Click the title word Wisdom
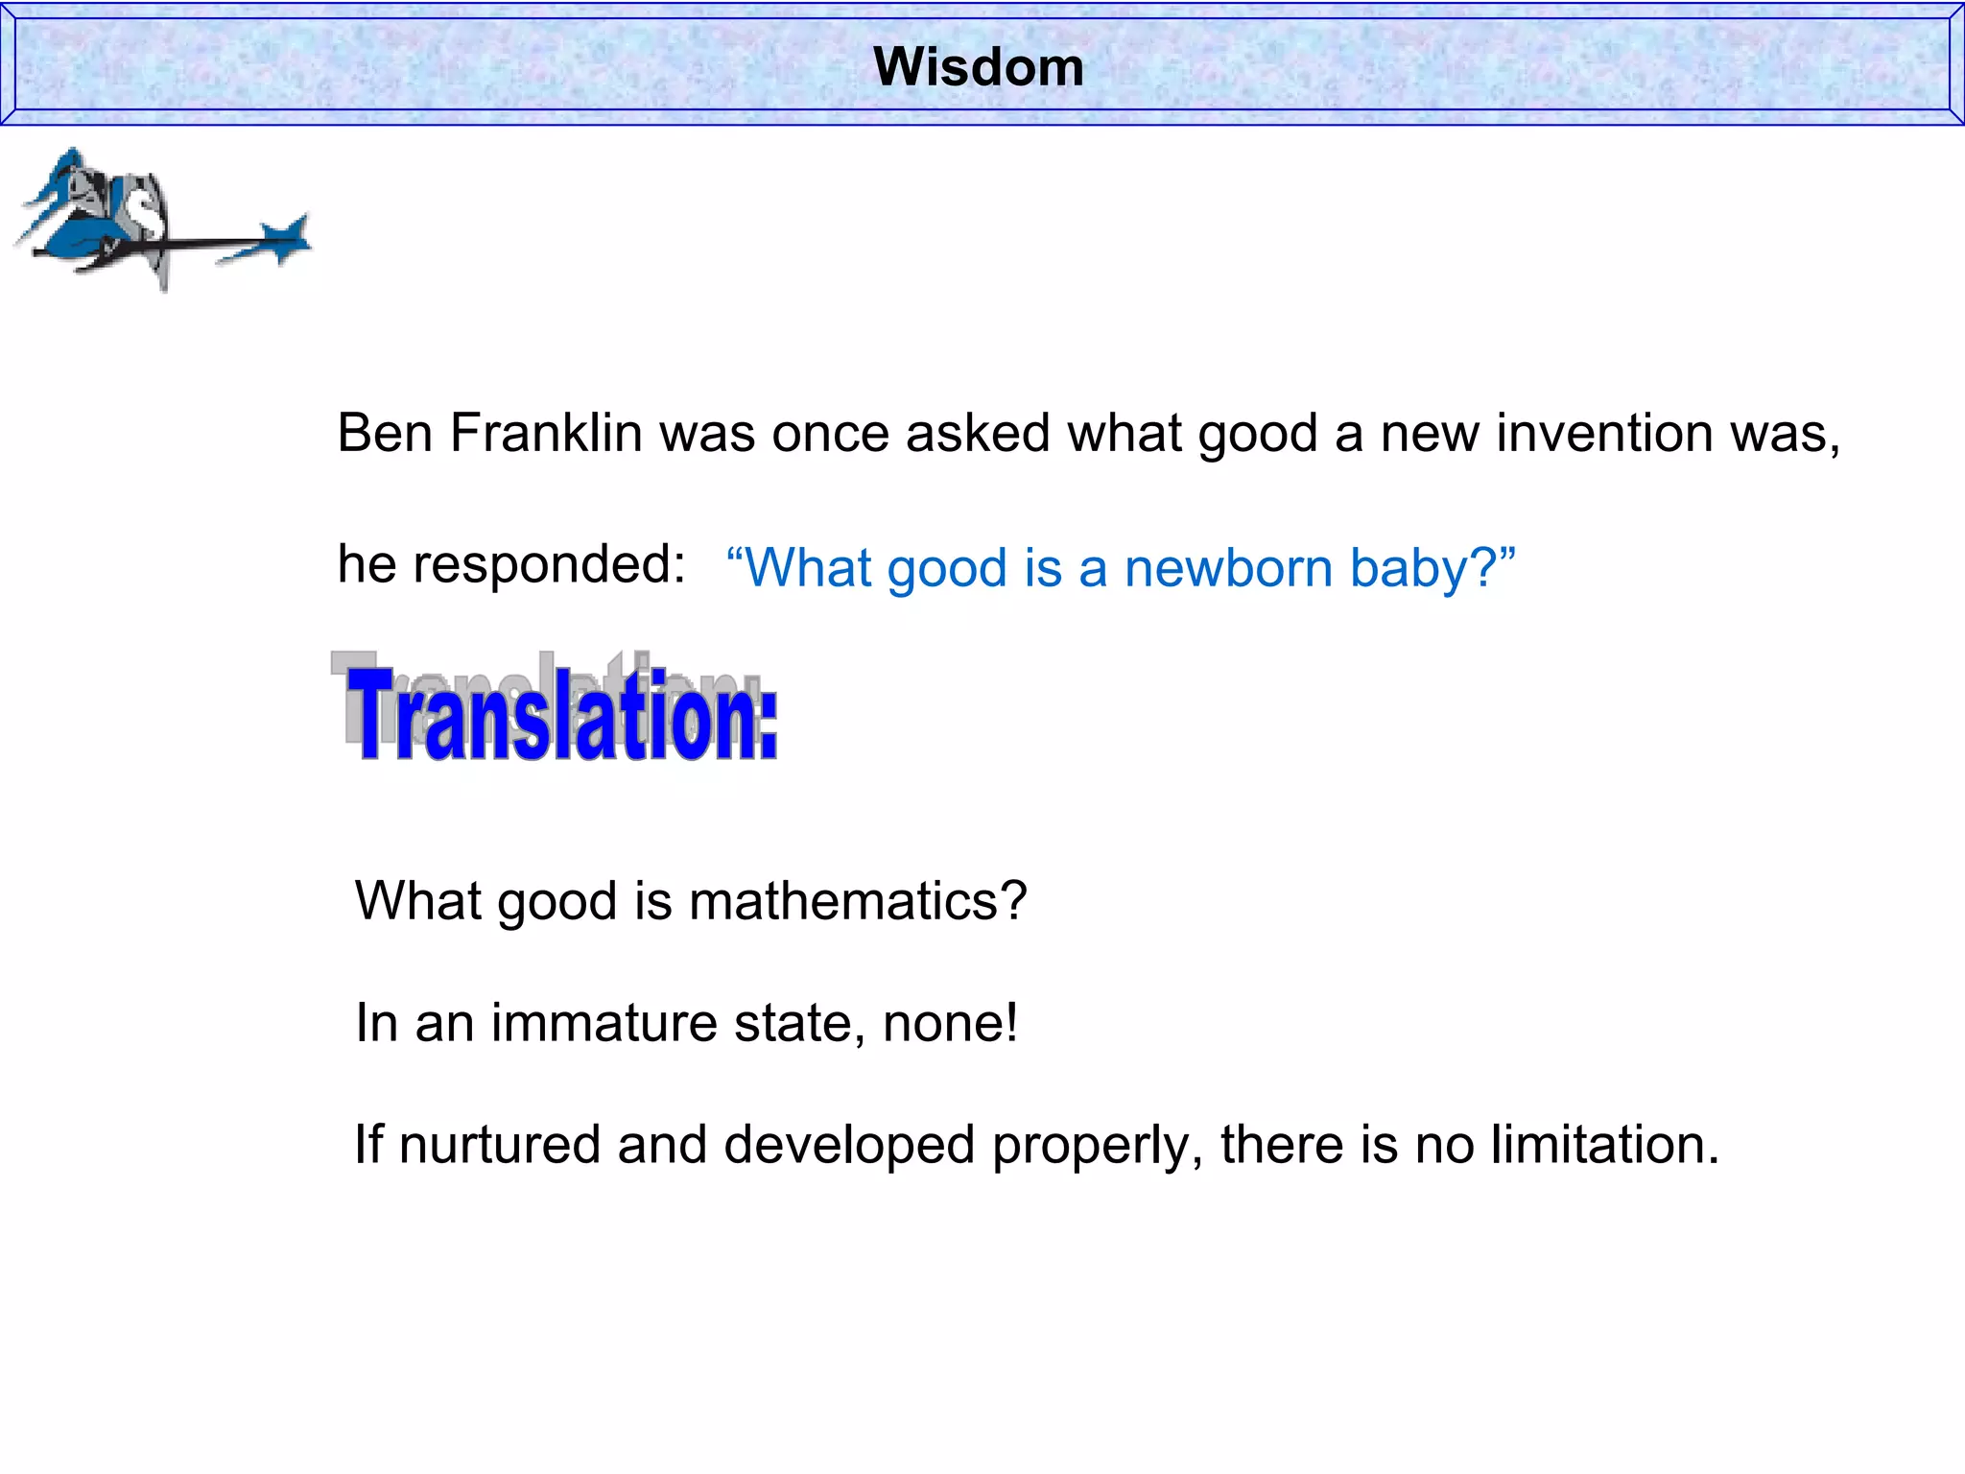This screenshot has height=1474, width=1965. tap(979, 67)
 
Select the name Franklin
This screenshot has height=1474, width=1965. tap(546, 433)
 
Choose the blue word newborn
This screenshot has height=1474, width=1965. tap(1228, 567)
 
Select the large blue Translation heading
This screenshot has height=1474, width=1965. tap(562, 715)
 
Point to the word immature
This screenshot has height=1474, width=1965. tap(604, 1023)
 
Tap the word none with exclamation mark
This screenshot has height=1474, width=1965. tap(950, 1023)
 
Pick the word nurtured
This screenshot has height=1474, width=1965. tap(500, 1145)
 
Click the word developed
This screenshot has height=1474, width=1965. tap(848, 1145)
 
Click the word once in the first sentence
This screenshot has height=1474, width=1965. tap(831, 433)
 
